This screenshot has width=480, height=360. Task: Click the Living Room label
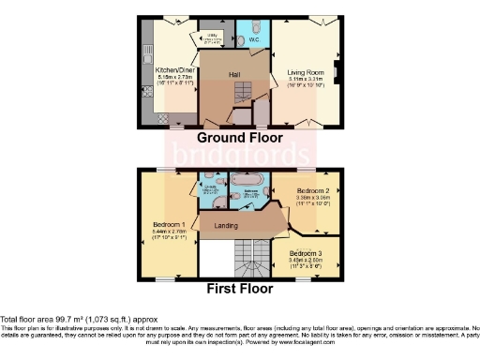(x=303, y=70)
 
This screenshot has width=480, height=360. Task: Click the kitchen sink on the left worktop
(x=145, y=55)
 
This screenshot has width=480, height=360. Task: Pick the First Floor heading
(x=240, y=289)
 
